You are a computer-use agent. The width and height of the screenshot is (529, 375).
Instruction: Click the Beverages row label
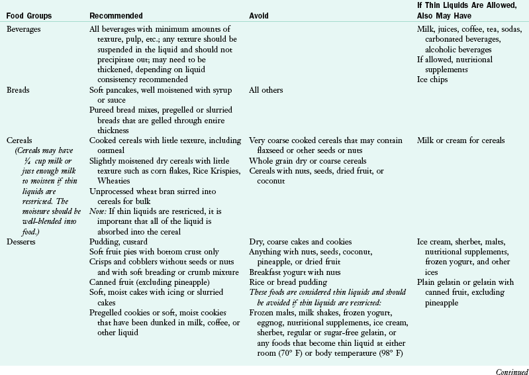[x=23, y=30]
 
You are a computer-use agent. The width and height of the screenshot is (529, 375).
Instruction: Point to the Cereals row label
[x=19, y=140]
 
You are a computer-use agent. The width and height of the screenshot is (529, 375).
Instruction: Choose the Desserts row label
[x=21, y=241]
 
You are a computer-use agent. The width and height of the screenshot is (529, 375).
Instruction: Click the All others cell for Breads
[x=265, y=89]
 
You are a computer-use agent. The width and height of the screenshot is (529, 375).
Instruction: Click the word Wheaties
[x=106, y=180]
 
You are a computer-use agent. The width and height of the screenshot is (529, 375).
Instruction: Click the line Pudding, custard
[x=117, y=241]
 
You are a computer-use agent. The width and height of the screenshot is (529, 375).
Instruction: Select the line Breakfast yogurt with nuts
[x=295, y=272]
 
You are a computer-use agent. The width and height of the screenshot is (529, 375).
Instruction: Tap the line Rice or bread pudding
[x=285, y=282]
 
